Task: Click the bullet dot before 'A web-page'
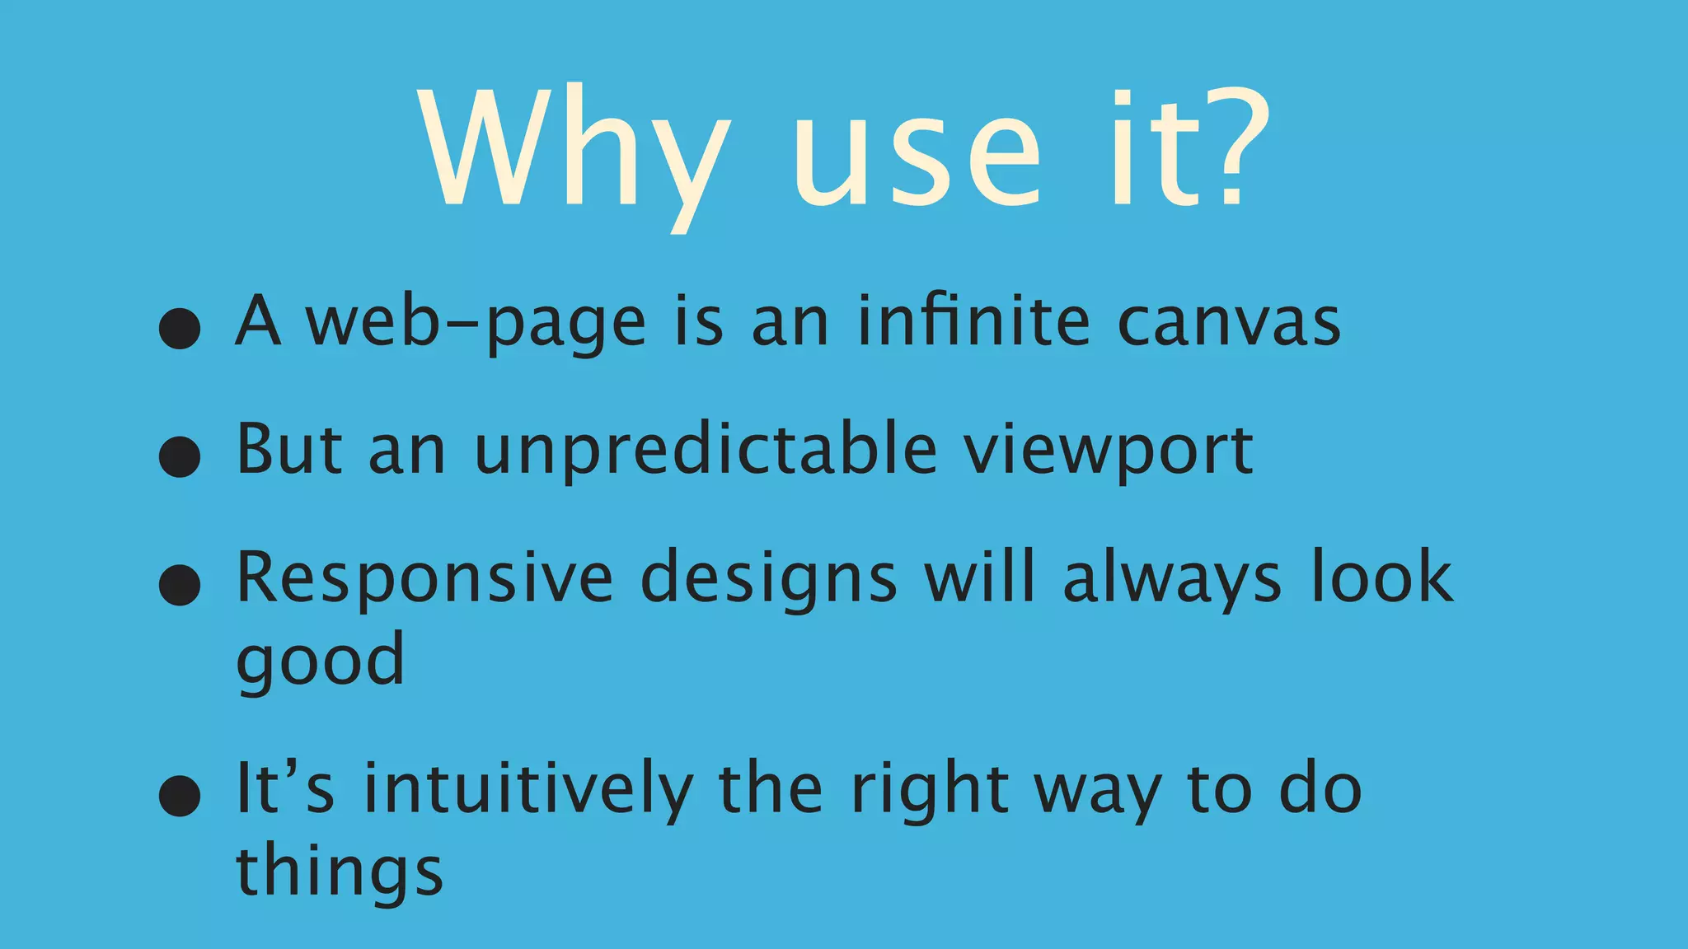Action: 180,329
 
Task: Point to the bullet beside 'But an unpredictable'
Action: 180,456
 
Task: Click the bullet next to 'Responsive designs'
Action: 180,585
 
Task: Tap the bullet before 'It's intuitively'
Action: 180,796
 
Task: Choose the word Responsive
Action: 424,580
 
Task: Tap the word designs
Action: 768,580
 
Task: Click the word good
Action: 321,661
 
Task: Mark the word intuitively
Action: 528,789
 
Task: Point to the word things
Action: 340,873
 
